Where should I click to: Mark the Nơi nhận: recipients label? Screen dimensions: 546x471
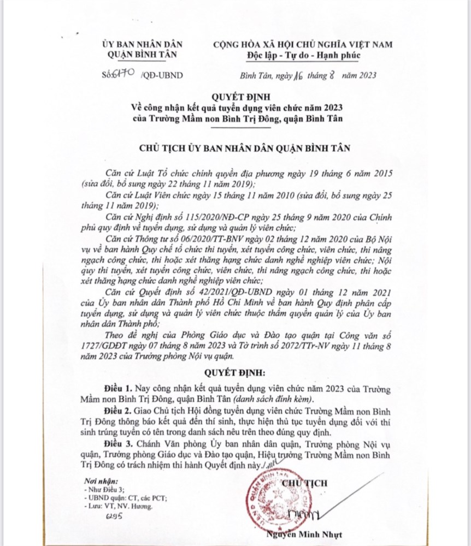[x=99, y=481]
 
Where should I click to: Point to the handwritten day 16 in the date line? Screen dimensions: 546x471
[x=298, y=76]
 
